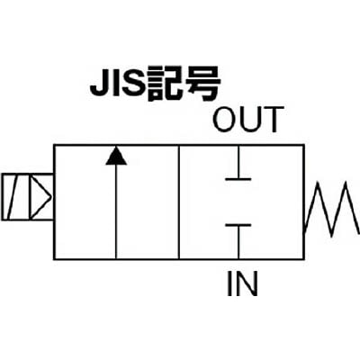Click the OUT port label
[x=247, y=120]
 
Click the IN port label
[x=242, y=283]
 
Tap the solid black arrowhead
[x=116, y=156]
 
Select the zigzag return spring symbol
[x=331, y=209]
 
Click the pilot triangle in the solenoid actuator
[x=40, y=197]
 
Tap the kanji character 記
[x=164, y=84]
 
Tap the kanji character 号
[x=202, y=84]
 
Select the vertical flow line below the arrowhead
[x=116, y=211]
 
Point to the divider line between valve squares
[x=179, y=202]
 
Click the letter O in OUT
[x=225, y=120]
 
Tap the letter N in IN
[x=247, y=283]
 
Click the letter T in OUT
[x=274, y=120]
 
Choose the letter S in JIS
[x=132, y=84]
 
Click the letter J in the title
[x=100, y=85]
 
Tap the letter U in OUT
[x=251, y=120]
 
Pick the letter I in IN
[x=229, y=283]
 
